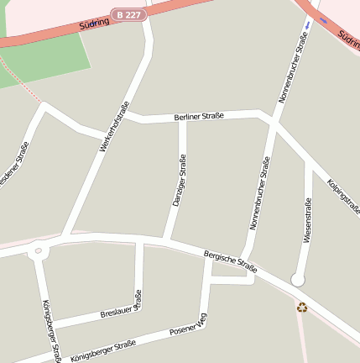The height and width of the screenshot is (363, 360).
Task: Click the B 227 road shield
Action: (129, 14)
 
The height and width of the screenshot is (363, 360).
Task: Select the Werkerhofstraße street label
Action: (114, 127)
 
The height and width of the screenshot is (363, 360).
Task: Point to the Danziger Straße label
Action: (179, 181)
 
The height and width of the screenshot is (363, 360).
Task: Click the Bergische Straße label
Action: (230, 260)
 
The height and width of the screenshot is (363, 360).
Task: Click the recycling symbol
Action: (302, 307)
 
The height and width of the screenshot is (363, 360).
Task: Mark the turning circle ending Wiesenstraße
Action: (297, 279)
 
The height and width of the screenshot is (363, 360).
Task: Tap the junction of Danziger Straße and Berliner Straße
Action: (182, 118)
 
